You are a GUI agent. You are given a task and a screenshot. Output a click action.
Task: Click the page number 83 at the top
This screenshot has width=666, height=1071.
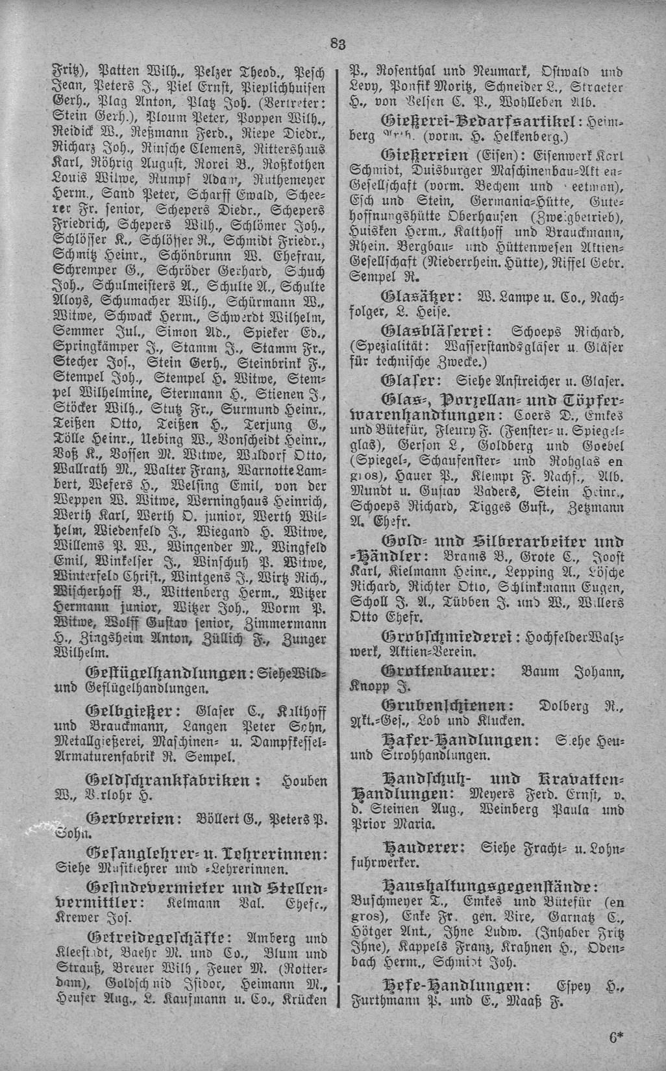pos(337,44)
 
